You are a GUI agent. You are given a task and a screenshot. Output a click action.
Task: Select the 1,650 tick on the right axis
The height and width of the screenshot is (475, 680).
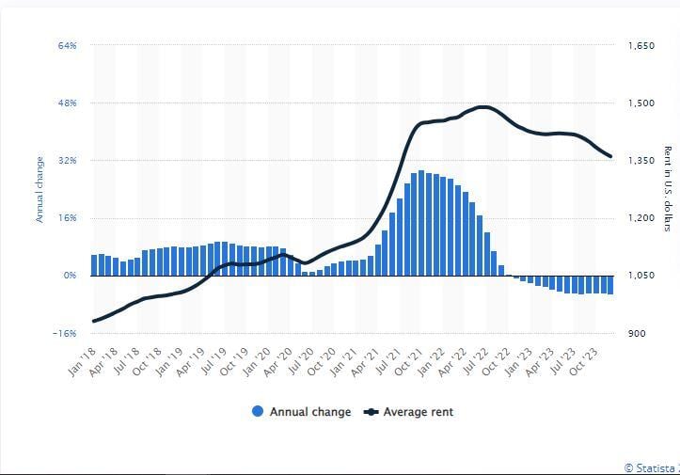tap(640, 45)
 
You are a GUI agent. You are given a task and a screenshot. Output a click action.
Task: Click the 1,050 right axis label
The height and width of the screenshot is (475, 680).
tap(640, 276)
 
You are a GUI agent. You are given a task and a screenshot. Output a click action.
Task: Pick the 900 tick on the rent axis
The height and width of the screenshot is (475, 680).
tap(636, 333)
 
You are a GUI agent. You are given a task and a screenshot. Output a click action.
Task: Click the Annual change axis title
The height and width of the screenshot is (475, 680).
tap(40, 189)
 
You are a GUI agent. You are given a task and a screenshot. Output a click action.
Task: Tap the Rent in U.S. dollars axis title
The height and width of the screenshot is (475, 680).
tap(667, 189)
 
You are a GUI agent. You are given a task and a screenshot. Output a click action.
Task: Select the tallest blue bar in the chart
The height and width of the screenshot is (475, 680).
tap(421, 224)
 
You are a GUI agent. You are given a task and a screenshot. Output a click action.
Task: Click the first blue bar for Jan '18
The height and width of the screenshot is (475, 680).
tap(94, 265)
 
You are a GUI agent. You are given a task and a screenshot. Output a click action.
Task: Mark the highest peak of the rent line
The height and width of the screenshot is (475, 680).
tap(482, 106)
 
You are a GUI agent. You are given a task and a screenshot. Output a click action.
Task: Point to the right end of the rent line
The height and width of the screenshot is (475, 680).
tap(611, 157)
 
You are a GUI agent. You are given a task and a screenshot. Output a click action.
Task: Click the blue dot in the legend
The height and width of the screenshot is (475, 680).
tap(258, 412)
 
